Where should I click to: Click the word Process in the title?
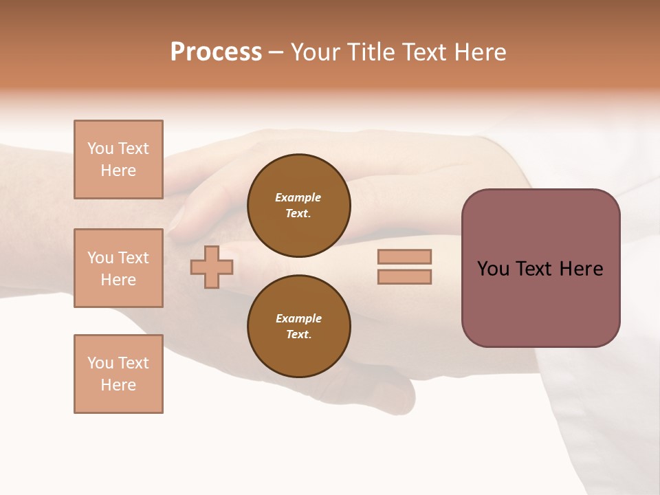pos(216,52)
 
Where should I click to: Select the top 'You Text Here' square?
pos(118,159)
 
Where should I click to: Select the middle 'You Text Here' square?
pos(118,268)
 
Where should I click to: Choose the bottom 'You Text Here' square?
pos(118,374)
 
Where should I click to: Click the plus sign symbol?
pos(212,267)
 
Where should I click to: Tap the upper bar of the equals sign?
pos(404,256)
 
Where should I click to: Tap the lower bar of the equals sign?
pos(404,276)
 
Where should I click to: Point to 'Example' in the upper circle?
pos(298,197)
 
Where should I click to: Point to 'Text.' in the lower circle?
pos(298,334)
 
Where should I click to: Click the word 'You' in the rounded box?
pos(493,269)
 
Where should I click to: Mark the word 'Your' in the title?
pos(316,52)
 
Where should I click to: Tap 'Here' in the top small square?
pos(118,170)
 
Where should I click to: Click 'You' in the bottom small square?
pos(100,363)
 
